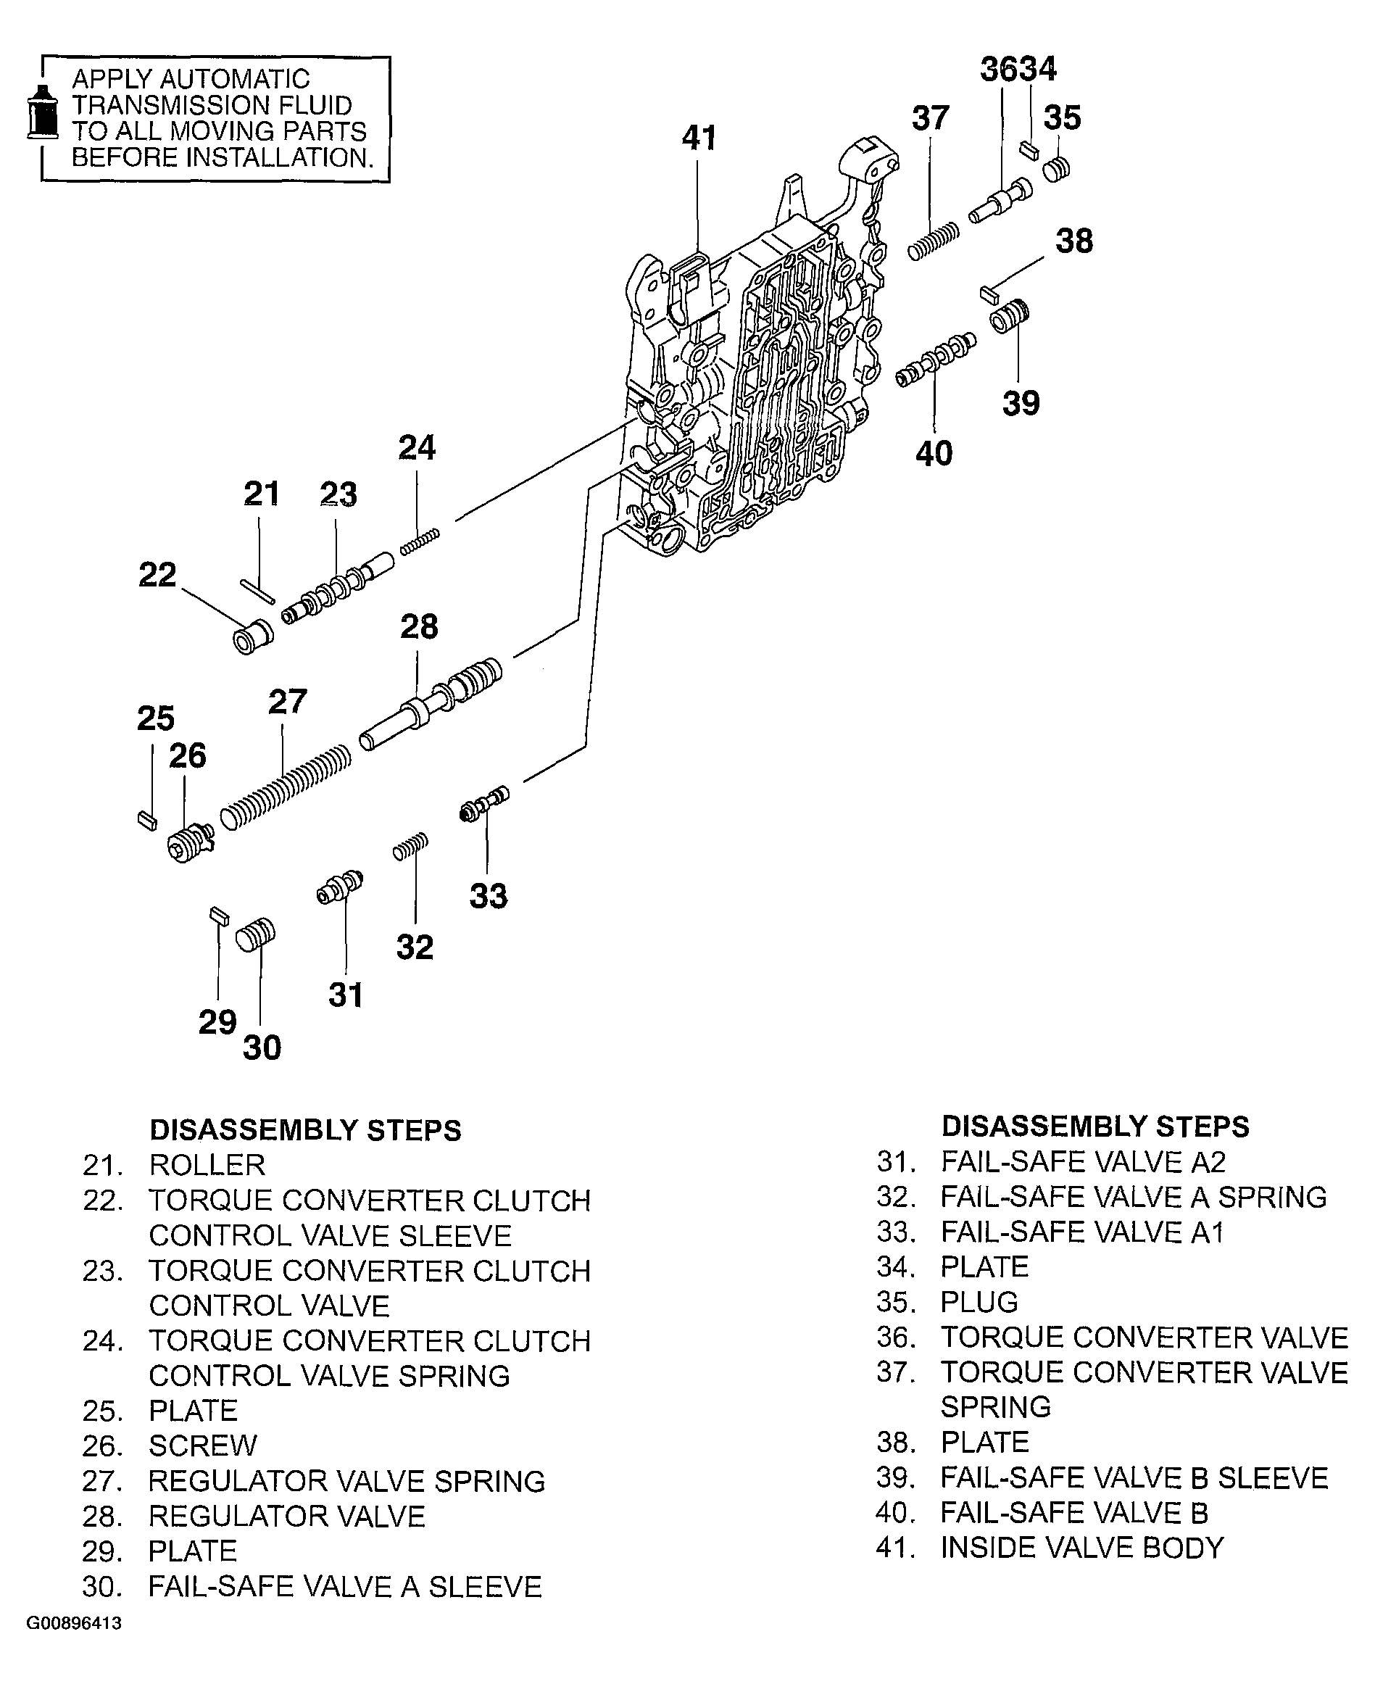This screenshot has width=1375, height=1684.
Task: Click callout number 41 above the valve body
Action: (x=699, y=138)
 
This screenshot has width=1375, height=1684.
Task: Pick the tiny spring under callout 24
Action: (x=419, y=542)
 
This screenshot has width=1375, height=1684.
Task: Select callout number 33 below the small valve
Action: (x=488, y=896)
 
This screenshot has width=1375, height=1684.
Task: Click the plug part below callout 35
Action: (x=1056, y=169)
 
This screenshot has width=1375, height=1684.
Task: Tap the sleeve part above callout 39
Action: (x=1009, y=318)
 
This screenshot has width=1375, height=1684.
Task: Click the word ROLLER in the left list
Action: (x=207, y=1165)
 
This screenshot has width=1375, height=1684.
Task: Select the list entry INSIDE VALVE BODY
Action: (x=1082, y=1547)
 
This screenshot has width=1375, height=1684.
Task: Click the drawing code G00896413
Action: (x=75, y=1623)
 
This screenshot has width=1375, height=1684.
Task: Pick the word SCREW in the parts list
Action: (x=203, y=1445)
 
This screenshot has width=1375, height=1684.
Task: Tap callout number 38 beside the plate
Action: (x=1073, y=241)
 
